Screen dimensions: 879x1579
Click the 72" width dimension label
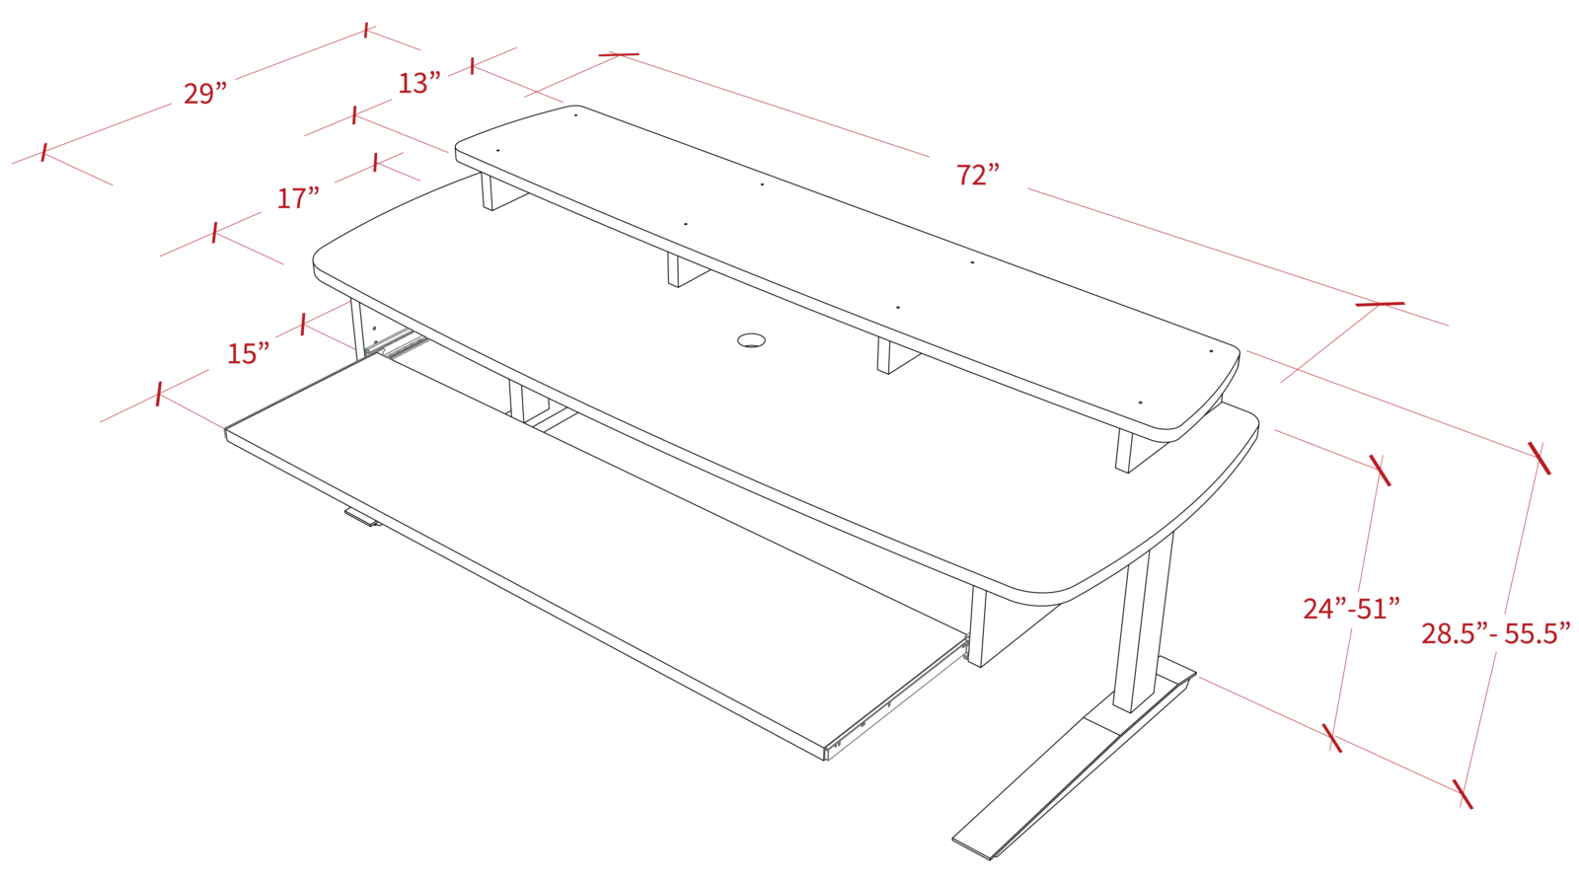pyautogui.click(x=978, y=176)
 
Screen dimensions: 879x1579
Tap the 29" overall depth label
pyautogui.click(x=205, y=95)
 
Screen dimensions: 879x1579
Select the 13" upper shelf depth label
pyautogui.click(x=417, y=84)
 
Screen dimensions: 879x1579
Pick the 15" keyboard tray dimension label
pyautogui.click(x=248, y=353)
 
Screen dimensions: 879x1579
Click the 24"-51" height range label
pyautogui.click(x=1352, y=609)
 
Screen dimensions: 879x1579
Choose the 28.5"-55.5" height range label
pyautogui.click(x=1494, y=633)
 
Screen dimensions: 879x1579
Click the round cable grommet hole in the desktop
pyautogui.click(x=752, y=340)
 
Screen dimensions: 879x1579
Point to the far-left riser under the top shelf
pyautogui.click(x=489, y=190)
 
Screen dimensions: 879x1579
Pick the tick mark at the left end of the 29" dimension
pyautogui.click(x=43, y=153)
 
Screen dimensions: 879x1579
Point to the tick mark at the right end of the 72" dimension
pyautogui.click(x=1382, y=304)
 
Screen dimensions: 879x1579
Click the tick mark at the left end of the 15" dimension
pyautogui.click(x=160, y=396)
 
